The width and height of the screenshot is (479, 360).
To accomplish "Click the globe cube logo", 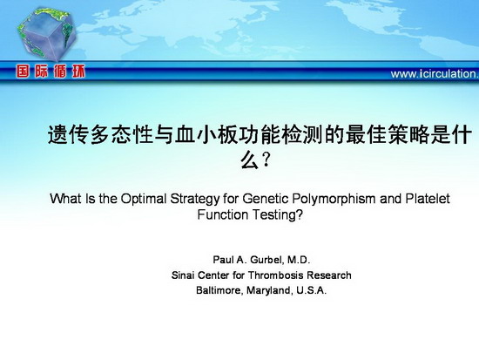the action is [x=46, y=34].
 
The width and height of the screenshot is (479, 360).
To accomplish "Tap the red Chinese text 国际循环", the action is [x=51, y=71].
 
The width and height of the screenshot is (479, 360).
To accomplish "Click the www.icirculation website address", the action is [x=435, y=74].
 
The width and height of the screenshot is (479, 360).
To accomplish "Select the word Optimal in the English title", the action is [x=144, y=199].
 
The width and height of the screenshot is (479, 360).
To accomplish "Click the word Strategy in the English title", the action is [x=195, y=199].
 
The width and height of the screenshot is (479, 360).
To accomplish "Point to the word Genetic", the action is [x=266, y=199].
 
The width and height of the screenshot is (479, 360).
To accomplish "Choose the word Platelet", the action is [x=428, y=199].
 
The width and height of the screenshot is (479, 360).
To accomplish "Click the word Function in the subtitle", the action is [x=222, y=214].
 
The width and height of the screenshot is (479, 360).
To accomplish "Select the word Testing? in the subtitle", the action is [x=277, y=215].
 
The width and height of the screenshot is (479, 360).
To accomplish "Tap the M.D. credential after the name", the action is [x=299, y=260].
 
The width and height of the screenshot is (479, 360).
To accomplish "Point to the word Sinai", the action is [x=183, y=275].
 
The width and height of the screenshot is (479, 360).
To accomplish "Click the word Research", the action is [x=329, y=275].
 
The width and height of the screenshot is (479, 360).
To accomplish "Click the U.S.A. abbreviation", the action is [x=311, y=290].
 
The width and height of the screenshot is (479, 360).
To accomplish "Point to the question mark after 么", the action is [x=266, y=160].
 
